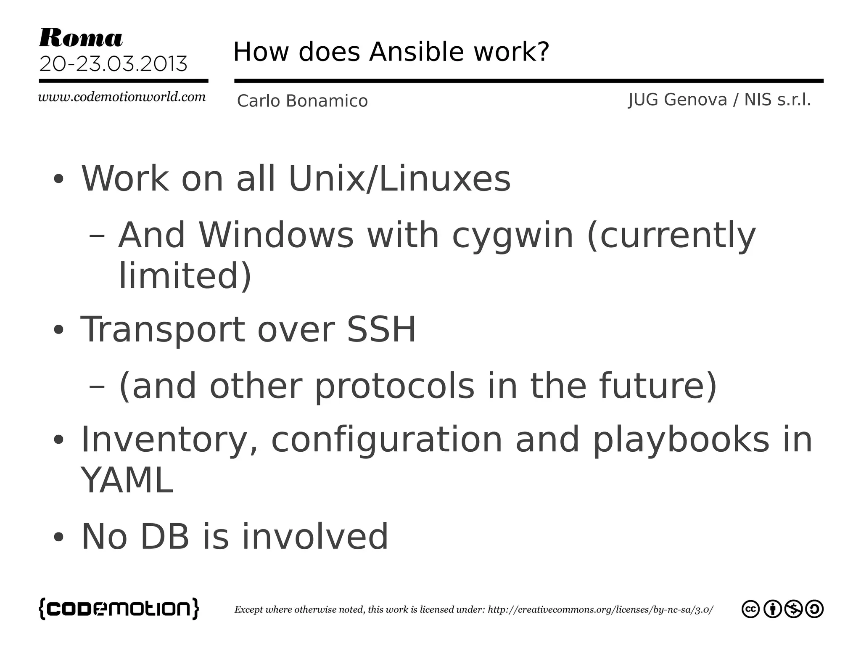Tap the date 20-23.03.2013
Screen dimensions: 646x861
pyautogui.click(x=113, y=64)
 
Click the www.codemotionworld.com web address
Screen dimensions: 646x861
pyautogui.click(x=122, y=97)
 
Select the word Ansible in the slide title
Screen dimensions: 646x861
pyautogui.click(x=416, y=52)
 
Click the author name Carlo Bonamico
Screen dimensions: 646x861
pyautogui.click(x=302, y=101)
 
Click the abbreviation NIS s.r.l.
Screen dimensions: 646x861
pyautogui.click(x=777, y=100)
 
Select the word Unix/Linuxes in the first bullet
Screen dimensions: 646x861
pyautogui.click(x=399, y=179)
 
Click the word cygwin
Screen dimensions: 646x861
pyautogui.click(x=512, y=236)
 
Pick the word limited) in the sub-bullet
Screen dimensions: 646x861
pyautogui.click(x=185, y=276)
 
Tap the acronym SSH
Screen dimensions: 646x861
pyautogui.click(x=381, y=329)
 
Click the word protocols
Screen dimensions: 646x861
pyautogui.click(x=394, y=386)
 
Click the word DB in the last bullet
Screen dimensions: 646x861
pyautogui.click(x=164, y=537)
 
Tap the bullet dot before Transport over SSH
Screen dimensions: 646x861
pyautogui.click(x=58, y=330)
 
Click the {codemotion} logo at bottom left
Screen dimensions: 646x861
pyautogui.click(x=119, y=609)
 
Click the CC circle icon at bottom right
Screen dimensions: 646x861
pyautogui.click(x=750, y=609)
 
